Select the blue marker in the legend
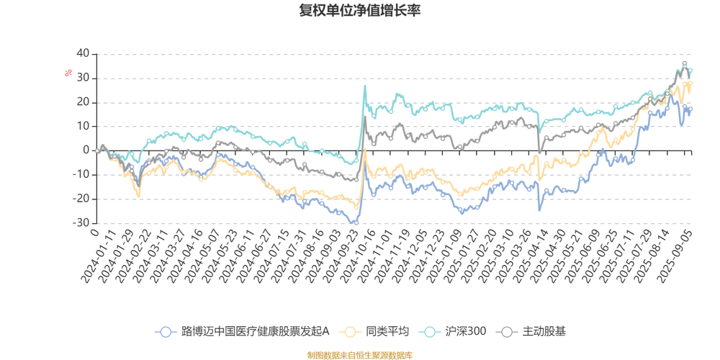pos(166,332)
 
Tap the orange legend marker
pos(351,332)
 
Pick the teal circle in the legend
pos(431,332)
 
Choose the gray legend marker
pos(508,332)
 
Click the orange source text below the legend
pos(360,354)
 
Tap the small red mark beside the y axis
pos(68,72)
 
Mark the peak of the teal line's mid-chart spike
pos(365,86)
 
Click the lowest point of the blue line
pos(356,223)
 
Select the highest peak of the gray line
pos(684,63)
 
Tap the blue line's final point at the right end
pos(692,108)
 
